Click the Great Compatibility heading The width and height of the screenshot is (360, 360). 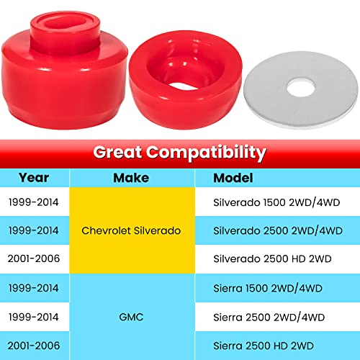tap(179, 153)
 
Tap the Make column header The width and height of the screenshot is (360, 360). tap(130, 177)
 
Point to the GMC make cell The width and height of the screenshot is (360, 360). tap(130, 315)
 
